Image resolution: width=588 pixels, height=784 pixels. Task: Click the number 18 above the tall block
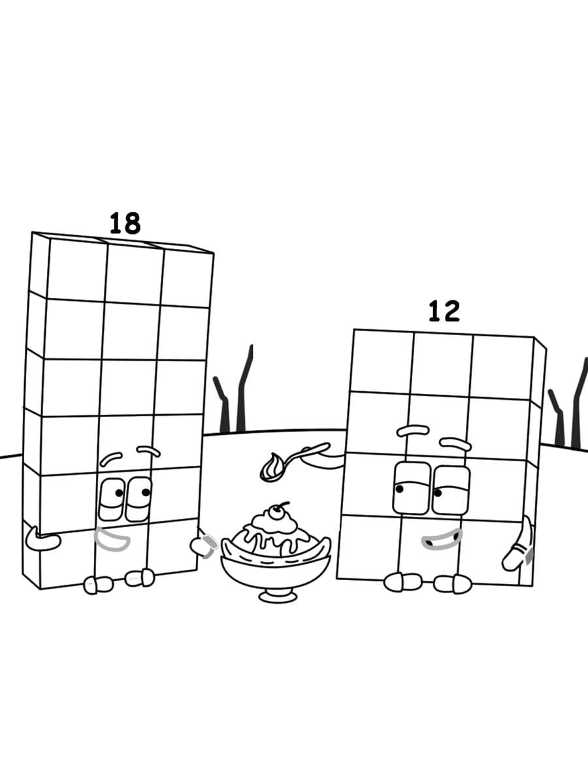[125, 223]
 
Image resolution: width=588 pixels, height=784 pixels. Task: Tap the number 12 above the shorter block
[444, 312]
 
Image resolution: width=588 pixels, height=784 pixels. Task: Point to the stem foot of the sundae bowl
[274, 595]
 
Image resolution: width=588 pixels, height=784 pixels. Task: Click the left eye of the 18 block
[112, 499]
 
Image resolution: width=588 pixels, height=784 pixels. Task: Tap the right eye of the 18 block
[139, 498]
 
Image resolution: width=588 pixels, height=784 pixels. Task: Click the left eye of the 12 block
[411, 488]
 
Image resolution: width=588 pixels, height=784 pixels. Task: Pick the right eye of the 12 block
[451, 490]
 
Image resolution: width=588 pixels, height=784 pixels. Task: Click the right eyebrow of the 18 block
[149, 451]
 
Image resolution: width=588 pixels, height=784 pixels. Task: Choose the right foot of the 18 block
[140, 578]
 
